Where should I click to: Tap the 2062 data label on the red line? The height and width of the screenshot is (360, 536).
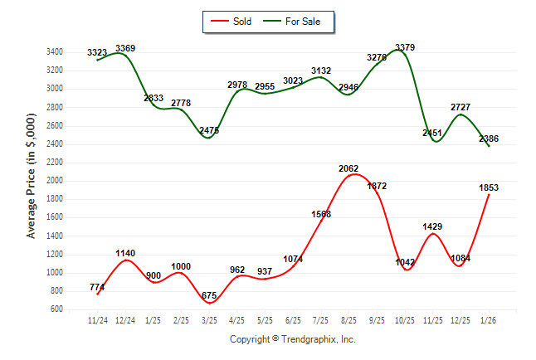click(x=348, y=168)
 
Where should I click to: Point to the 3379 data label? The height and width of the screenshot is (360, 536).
click(x=405, y=46)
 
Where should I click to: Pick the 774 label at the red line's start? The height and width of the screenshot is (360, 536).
click(x=97, y=287)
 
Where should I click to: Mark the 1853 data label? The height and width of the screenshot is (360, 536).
click(x=488, y=187)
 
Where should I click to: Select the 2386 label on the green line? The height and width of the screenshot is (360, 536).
click(x=488, y=139)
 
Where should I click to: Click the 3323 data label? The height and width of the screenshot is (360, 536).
click(x=97, y=52)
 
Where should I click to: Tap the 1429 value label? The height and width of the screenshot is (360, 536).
click(x=433, y=226)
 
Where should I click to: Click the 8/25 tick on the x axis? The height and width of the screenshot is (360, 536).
click(x=348, y=319)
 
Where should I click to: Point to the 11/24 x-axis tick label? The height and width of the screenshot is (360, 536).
click(x=97, y=319)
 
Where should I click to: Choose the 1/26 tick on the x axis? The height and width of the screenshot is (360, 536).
click(x=489, y=319)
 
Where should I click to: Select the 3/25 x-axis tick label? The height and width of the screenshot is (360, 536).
click(x=209, y=319)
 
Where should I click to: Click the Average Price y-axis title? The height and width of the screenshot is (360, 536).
click(x=31, y=179)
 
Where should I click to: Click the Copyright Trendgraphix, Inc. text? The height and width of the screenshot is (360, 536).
click(x=292, y=339)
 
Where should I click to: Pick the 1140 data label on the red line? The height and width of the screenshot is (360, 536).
click(x=125, y=253)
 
